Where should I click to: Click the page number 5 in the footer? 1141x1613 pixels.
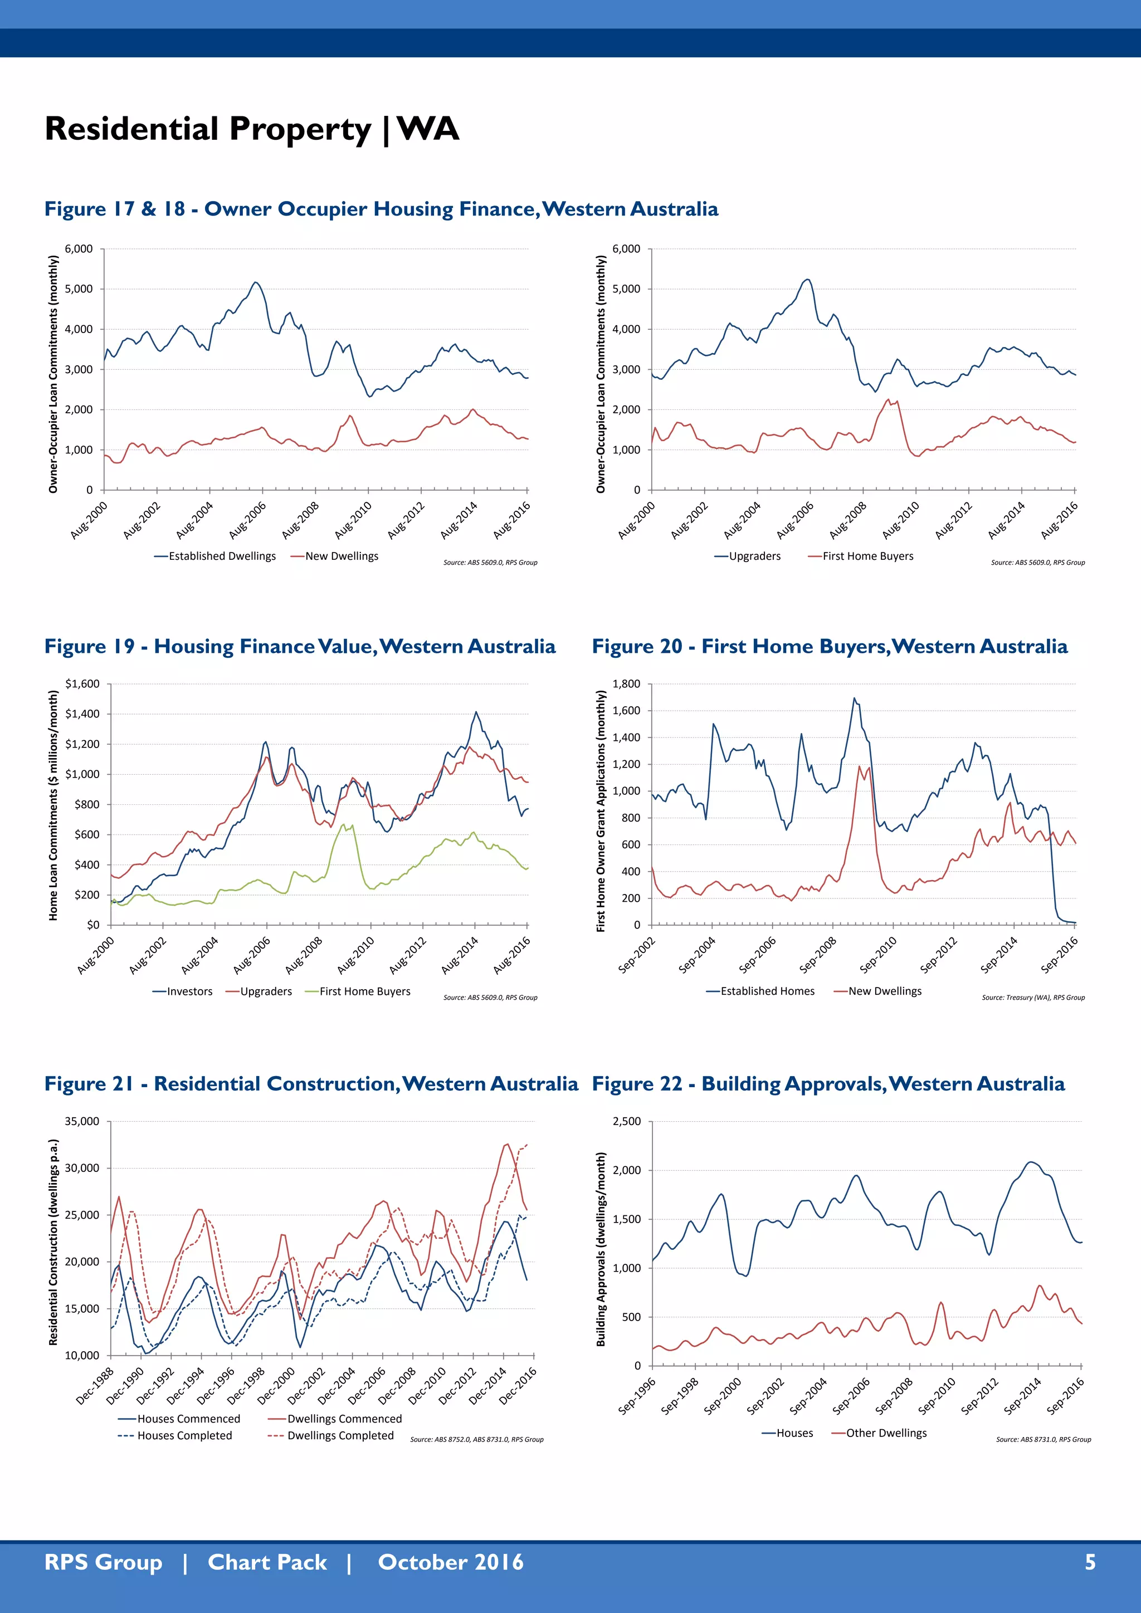click(x=1090, y=1562)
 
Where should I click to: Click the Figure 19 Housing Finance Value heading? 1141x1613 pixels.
click(x=300, y=646)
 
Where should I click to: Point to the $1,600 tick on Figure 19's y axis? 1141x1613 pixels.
click(x=82, y=683)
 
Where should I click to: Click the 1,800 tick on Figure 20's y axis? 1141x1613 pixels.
click(x=626, y=683)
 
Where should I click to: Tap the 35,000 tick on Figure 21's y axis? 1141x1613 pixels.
click(x=82, y=1121)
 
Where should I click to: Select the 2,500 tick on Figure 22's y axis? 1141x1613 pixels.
click(x=626, y=1121)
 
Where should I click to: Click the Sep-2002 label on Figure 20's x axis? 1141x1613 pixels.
click(x=637, y=955)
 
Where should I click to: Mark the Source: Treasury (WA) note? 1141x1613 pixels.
click(x=1033, y=997)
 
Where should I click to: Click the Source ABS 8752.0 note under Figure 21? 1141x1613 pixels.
click(x=476, y=1439)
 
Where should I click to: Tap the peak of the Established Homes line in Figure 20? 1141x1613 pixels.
click(x=854, y=698)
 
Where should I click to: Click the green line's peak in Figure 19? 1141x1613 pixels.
click(x=344, y=824)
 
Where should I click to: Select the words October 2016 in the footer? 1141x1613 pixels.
click(x=450, y=1562)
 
